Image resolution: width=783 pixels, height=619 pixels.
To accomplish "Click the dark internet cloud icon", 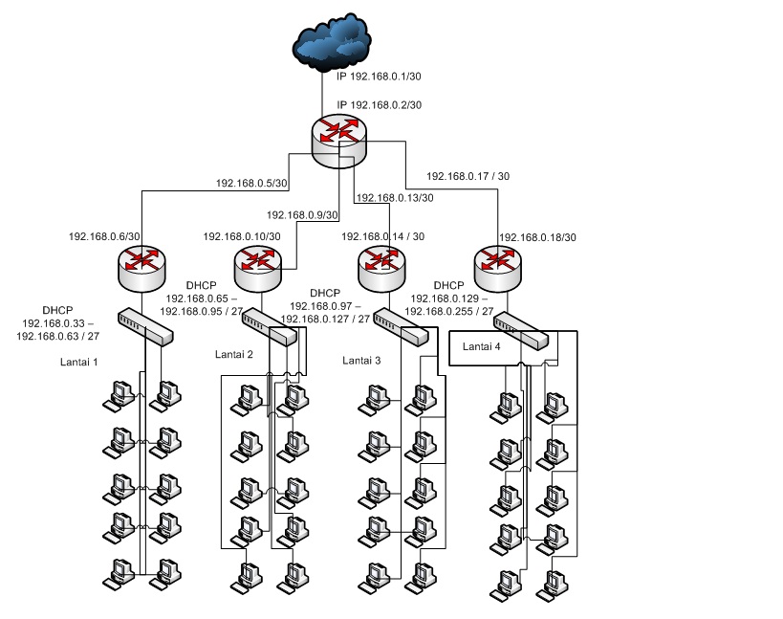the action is click(x=331, y=43).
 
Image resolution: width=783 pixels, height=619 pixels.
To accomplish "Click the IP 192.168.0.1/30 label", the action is click(x=379, y=77).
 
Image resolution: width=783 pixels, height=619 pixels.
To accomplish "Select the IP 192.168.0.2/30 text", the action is click(x=379, y=105).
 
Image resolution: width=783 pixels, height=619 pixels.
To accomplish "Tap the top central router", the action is click(x=339, y=142).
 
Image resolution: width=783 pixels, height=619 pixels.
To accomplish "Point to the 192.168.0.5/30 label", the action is click(x=251, y=184).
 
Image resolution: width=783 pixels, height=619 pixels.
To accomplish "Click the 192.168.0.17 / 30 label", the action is click(x=468, y=176).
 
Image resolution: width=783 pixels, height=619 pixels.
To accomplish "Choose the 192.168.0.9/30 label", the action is click(x=302, y=215).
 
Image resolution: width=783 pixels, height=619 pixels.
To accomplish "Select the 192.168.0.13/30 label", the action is click(x=395, y=198).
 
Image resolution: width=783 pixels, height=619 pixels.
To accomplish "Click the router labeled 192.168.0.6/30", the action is click(x=141, y=268).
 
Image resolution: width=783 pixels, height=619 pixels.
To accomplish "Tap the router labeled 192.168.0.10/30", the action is click(x=258, y=268).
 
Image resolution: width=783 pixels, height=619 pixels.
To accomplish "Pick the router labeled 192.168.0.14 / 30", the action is click(x=382, y=268).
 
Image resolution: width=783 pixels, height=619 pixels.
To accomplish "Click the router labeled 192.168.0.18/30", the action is click(x=497, y=268).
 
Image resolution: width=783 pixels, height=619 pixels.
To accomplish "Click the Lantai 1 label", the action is click(x=79, y=363).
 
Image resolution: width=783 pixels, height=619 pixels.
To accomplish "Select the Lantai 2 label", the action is click(x=234, y=355).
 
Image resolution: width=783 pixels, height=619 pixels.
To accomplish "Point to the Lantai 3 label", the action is click(x=361, y=361).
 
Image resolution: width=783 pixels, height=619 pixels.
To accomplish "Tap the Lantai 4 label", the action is click(x=482, y=346).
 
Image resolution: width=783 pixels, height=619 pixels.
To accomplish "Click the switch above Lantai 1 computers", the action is click(x=146, y=326).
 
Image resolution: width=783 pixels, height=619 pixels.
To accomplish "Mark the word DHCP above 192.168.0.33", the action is click(x=58, y=310).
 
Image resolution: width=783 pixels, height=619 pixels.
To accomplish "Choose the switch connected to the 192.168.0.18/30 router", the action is click(x=521, y=331).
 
